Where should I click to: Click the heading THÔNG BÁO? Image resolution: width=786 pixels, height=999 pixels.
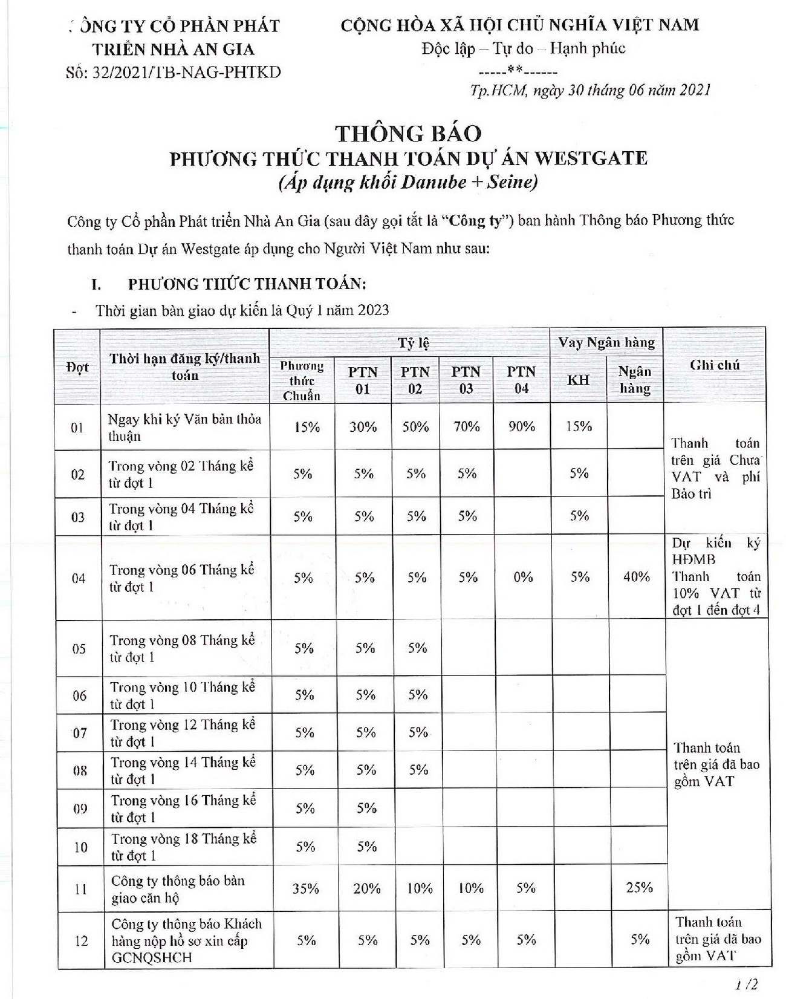click(409, 134)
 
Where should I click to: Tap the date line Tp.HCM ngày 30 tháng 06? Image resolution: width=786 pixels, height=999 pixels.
click(590, 90)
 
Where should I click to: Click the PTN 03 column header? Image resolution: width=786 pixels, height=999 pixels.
click(466, 380)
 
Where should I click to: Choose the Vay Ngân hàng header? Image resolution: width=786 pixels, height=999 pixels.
click(606, 342)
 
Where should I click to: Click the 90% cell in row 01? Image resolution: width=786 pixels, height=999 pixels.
click(521, 426)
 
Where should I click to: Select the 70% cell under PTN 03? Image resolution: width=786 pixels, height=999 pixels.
click(466, 426)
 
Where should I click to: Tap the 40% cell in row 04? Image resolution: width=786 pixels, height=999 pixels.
click(636, 577)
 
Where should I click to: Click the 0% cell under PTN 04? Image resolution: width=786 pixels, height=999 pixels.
click(522, 578)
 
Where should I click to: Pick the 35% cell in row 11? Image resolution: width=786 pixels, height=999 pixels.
click(305, 888)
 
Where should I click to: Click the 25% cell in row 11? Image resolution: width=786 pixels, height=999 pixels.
click(639, 888)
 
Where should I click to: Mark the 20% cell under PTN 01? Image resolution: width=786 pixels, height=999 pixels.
click(366, 888)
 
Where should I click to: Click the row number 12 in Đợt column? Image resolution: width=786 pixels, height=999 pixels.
click(81, 941)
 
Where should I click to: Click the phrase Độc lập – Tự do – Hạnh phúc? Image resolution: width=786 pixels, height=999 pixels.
click(523, 48)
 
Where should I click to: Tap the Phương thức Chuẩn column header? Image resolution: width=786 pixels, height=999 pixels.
click(301, 380)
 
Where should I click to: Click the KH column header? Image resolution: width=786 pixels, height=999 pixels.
click(578, 380)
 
